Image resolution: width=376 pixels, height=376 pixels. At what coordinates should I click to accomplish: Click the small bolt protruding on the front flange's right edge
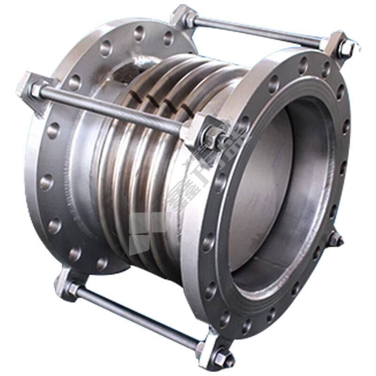(x=336, y=240)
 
